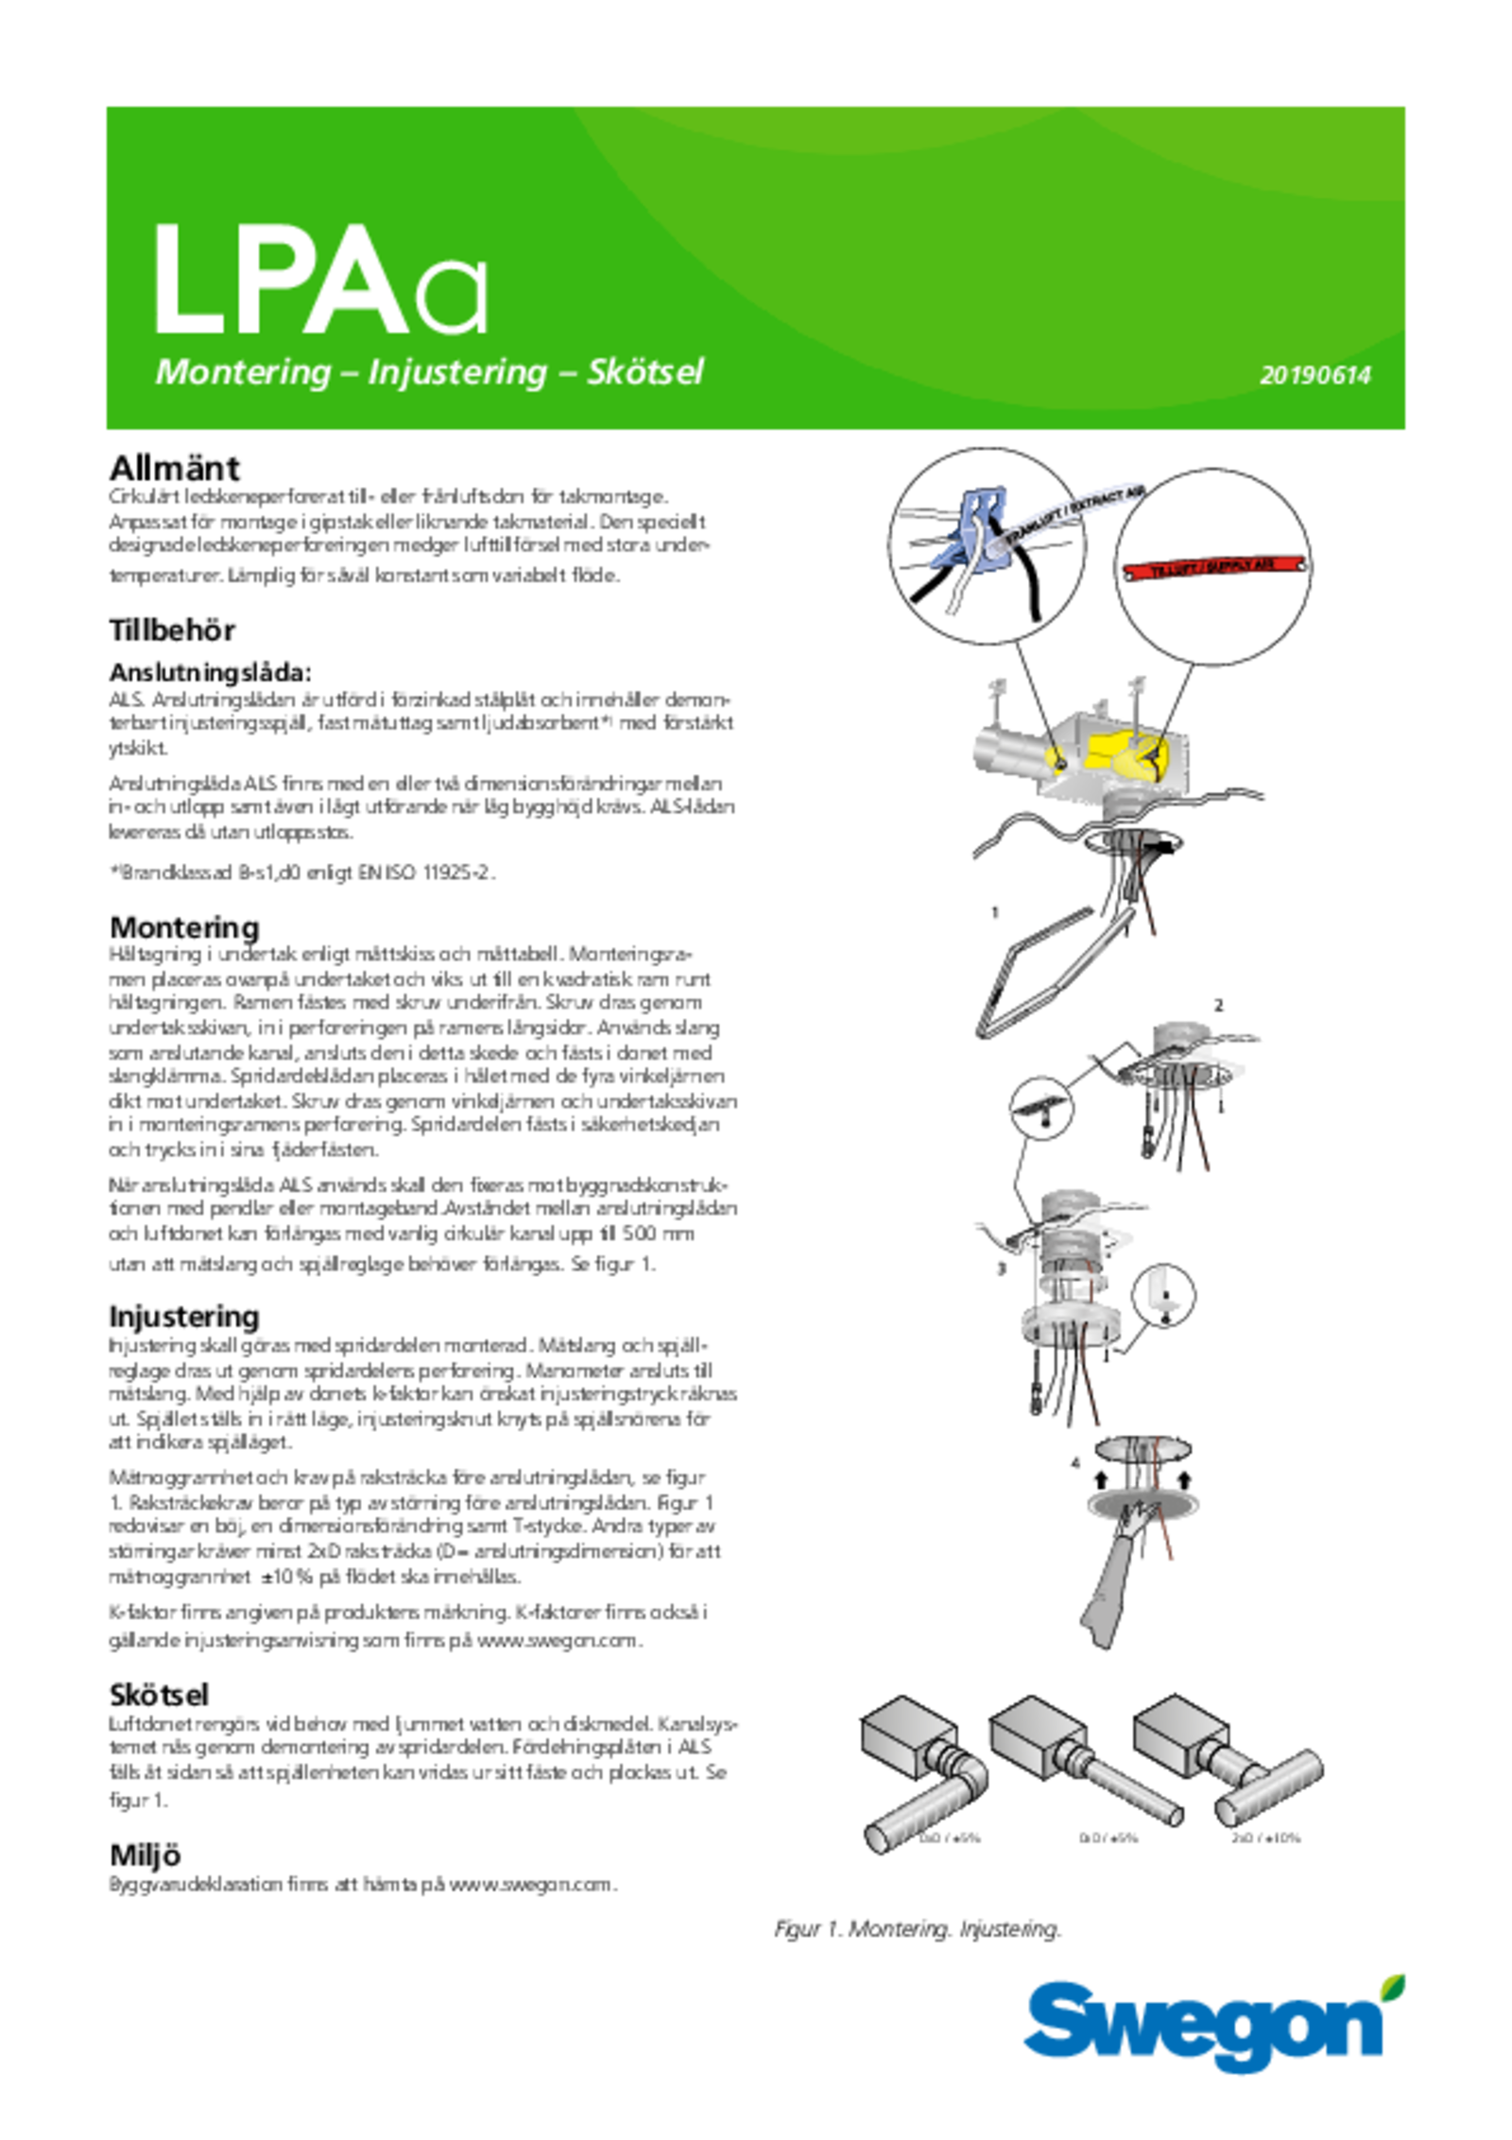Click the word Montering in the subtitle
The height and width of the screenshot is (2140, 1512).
pyautogui.click(x=243, y=372)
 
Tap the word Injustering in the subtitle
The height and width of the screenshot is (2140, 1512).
pyautogui.click(x=457, y=372)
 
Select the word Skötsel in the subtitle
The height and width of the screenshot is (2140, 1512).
pyautogui.click(x=645, y=372)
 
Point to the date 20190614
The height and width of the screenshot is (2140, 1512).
pyautogui.click(x=1314, y=375)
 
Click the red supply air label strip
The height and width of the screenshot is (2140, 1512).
pyautogui.click(x=1213, y=567)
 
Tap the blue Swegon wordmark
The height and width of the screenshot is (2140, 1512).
pyautogui.click(x=1200, y=2024)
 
